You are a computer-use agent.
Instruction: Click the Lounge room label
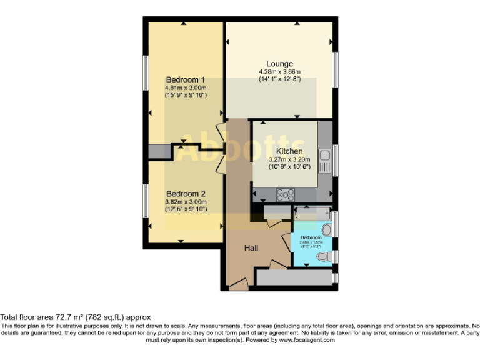click(279, 64)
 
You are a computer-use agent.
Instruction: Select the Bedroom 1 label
click(186, 80)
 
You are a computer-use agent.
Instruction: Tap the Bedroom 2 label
click(186, 194)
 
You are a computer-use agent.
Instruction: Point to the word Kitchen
click(289, 151)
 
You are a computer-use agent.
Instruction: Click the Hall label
click(251, 248)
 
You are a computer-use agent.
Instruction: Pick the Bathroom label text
click(311, 238)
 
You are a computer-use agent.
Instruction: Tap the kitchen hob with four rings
click(285, 194)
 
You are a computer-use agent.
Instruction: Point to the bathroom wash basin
click(326, 231)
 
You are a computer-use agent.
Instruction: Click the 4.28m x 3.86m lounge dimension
click(279, 72)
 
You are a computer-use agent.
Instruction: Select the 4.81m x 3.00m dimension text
click(186, 88)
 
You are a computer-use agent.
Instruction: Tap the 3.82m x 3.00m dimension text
click(186, 202)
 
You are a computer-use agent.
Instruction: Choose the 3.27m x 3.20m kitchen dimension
click(289, 159)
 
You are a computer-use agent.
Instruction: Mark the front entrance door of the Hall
click(238, 285)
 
